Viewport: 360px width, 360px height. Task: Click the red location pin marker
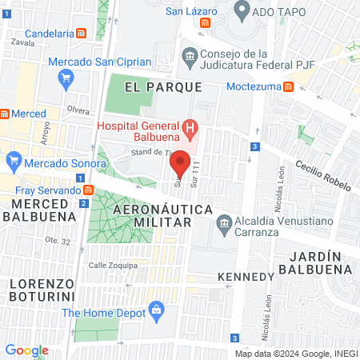pyautogui.click(x=181, y=162)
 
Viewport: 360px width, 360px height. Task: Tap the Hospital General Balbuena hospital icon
pyautogui.click(x=190, y=127)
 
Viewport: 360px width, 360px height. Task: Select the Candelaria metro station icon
pyautogui.click(x=82, y=34)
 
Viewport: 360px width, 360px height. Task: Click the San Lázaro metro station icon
pyautogui.click(x=206, y=24)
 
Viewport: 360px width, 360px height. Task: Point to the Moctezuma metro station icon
pyautogui.click(x=292, y=86)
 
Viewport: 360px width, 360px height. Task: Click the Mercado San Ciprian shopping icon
pyautogui.click(x=67, y=78)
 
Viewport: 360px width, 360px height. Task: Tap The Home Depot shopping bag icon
pyautogui.click(x=157, y=308)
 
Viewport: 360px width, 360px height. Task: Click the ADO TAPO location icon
pyautogui.click(x=242, y=11)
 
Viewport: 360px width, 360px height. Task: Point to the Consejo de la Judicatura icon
pyautogui.click(x=190, y=55)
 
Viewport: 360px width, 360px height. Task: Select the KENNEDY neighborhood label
pyautogui.click(x=246, y=277)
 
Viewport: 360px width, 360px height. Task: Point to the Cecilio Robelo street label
pyautogui.click(x=323, y=169)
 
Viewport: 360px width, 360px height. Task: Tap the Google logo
pyautogui.click(x=26, y=350)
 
